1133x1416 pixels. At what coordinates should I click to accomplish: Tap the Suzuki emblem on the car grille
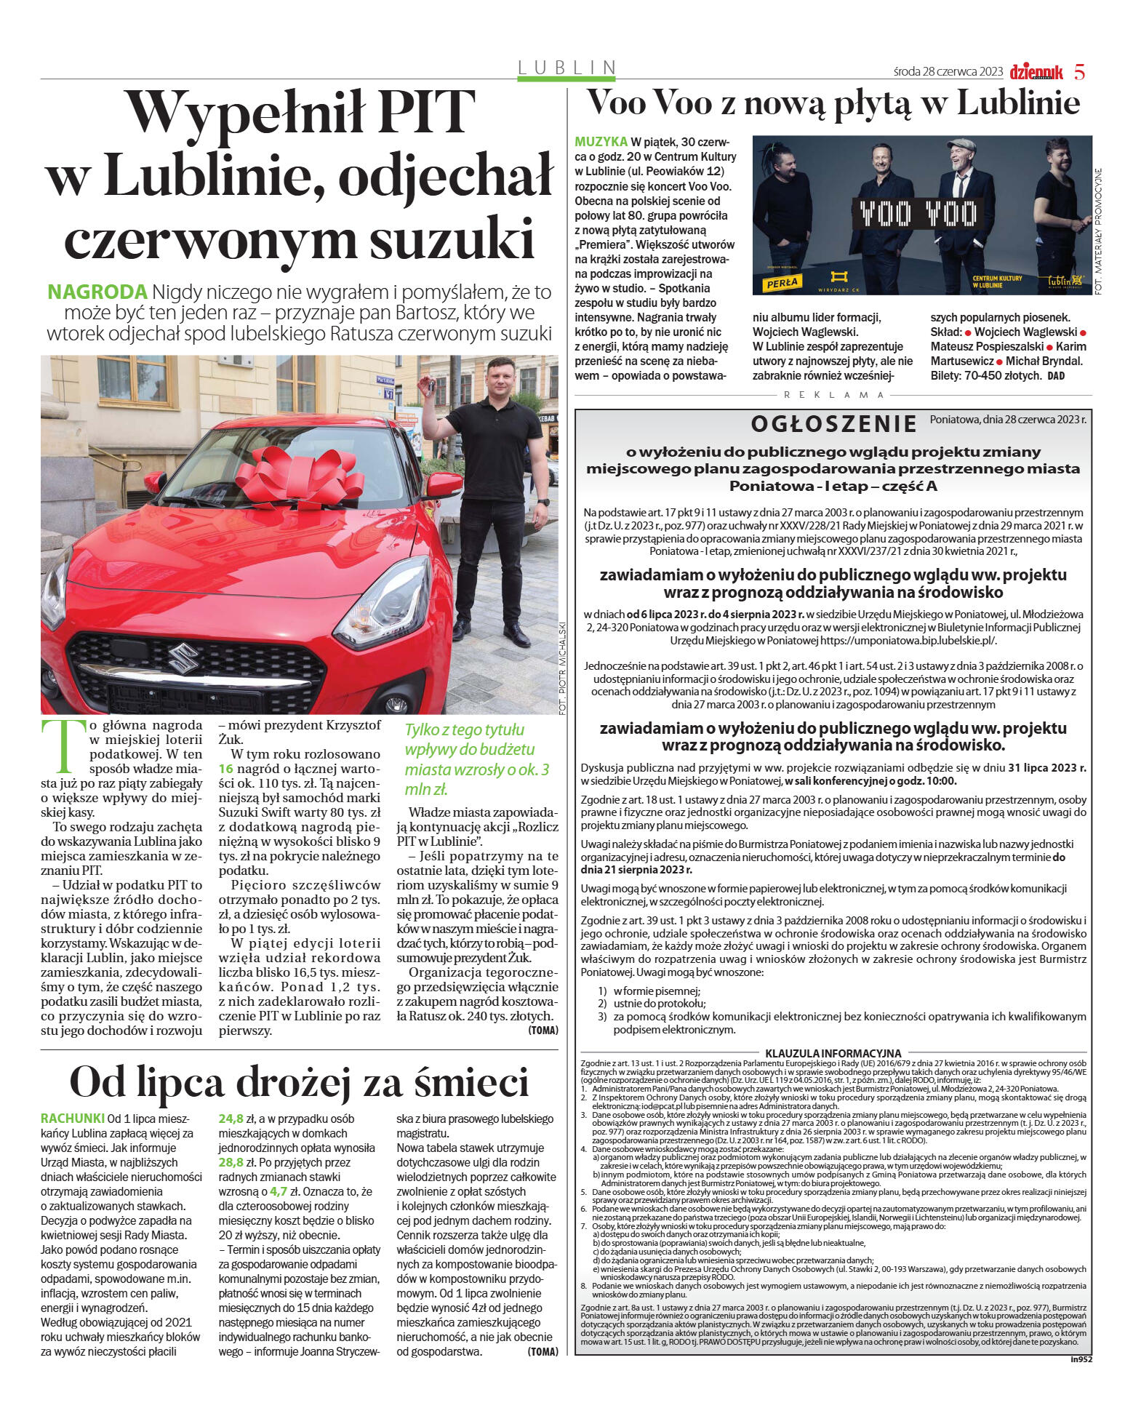[183, 661]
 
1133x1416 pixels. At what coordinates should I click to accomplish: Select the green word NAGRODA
[97, 292]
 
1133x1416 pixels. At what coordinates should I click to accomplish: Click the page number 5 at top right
[1079, 72]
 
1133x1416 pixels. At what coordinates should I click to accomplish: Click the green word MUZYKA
[601, 141]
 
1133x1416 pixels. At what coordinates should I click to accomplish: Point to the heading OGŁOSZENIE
[834, 423]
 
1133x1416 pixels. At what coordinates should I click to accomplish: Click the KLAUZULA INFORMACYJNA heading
[833, 1053]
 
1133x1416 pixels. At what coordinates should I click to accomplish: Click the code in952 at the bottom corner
[1081, 1359]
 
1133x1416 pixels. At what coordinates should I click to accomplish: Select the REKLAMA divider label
[833, 395]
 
